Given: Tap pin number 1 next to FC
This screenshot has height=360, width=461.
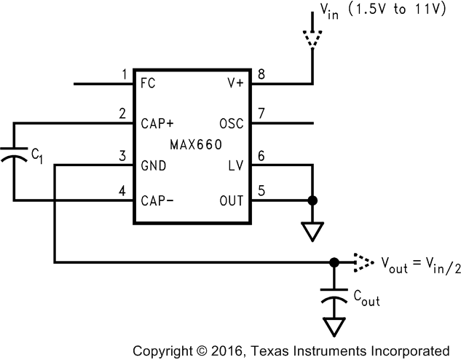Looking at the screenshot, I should (x=125, y=74).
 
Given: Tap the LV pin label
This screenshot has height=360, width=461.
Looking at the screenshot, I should (x=235, y=165).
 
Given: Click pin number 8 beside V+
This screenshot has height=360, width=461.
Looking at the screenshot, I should (x=261, y=74).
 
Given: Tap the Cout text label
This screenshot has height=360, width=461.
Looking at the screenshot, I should (x=366, y=299).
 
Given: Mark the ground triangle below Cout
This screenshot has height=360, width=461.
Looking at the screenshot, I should (x=334, y=326).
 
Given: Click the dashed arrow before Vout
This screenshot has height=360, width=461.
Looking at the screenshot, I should (x=363, y=261).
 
